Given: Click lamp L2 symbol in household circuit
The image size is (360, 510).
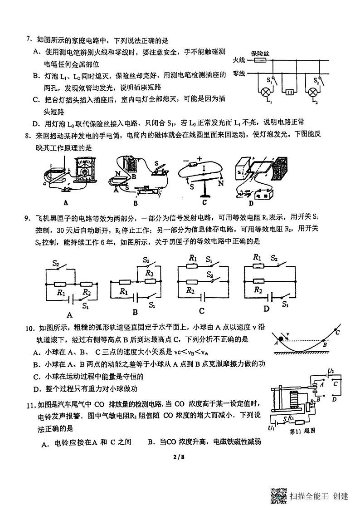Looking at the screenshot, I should click(x=312, y=92).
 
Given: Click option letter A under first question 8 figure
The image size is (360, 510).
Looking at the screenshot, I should click(x=66, y=203).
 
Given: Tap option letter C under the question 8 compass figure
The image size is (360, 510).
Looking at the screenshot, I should click(x=204, y=202).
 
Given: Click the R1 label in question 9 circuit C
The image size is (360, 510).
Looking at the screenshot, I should click(x=193, y=258).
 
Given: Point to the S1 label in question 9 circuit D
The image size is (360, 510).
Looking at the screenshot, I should click(x=285, y=304).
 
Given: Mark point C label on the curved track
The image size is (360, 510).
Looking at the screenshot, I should click(x=338, y=332).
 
